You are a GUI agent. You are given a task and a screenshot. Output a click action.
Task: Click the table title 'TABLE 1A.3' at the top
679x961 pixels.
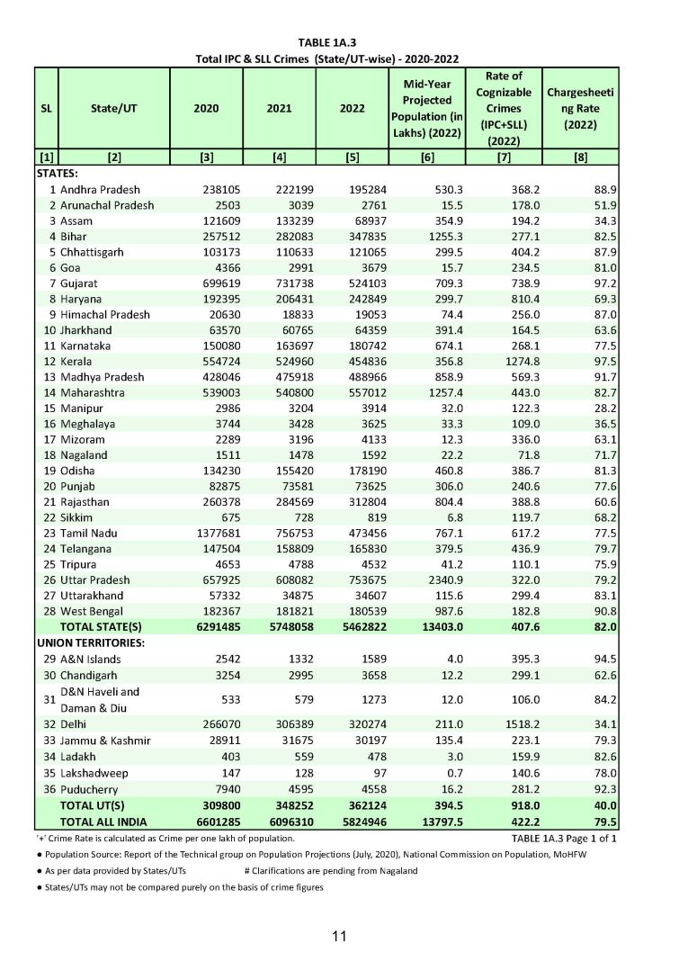(x=339, y=42)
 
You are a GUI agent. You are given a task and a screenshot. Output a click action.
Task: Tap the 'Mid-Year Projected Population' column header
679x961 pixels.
(x=426, y=108)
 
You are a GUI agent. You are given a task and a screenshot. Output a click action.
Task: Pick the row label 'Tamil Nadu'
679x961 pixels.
(x=89, y=533)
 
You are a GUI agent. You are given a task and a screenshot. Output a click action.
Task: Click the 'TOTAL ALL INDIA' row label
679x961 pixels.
(x=103, y=821)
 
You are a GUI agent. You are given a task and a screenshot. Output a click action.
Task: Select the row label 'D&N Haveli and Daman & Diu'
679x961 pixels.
(x=100, y=699)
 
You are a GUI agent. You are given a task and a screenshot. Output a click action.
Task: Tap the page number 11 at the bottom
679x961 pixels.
(x=339, y=936)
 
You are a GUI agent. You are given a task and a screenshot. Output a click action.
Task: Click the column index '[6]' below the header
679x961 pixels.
(x=426, y=158)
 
